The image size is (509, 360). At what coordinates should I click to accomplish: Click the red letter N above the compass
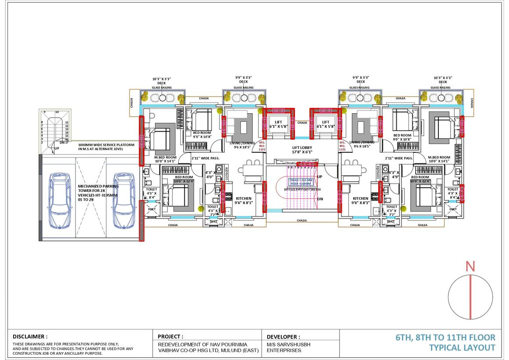pos(470,266)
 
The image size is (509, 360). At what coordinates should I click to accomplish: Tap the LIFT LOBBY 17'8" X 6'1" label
pos(302,150)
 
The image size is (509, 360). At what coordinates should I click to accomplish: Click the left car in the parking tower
pos(59,201)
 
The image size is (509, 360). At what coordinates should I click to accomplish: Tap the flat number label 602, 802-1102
pos(262,146)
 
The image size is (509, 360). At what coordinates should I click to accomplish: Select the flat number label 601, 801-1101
pos(342,146)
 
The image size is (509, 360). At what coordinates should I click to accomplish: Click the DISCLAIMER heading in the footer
pos(30,336)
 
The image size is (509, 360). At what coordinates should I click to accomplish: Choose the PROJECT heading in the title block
pos(170,336)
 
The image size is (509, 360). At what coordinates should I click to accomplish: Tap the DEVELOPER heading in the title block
pos(283,336)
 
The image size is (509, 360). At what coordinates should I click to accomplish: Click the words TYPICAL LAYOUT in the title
pos(462,348)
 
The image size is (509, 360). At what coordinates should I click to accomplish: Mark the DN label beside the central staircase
pos(319,199)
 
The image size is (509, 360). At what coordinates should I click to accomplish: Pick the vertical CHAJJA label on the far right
pos(472,103)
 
